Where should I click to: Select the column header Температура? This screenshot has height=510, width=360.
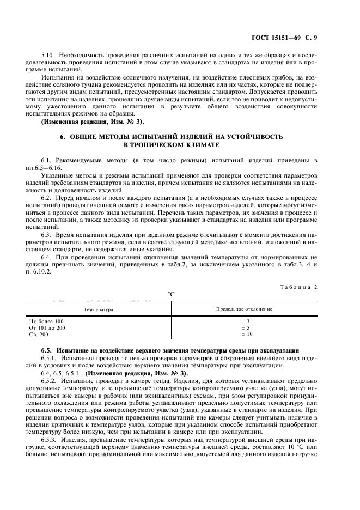98,309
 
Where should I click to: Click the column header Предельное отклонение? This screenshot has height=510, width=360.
245,309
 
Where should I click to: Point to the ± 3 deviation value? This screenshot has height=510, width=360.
245,321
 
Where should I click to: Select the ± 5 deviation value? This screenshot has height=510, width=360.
245,327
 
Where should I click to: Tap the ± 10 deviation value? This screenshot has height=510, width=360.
246,334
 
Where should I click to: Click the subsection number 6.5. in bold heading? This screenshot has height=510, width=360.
47,348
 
